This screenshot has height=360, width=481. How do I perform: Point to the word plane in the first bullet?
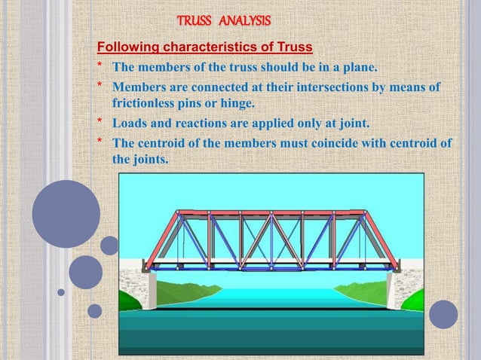click(x=359, y=71)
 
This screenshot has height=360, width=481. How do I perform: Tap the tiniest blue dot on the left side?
click(x=61, y=292)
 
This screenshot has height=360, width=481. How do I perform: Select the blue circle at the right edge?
click(x=444, y=314)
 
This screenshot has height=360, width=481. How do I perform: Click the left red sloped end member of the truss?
click(x=161, y=239)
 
